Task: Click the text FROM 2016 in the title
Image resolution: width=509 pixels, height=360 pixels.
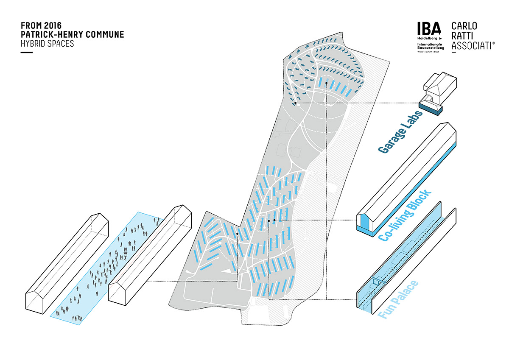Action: pos(41,26)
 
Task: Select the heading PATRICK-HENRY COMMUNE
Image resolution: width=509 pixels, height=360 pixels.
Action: pos(73,35)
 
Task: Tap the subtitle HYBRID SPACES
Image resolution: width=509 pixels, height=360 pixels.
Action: pos(47,44)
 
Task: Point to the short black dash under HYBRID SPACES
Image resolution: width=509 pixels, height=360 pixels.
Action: pos(26,53)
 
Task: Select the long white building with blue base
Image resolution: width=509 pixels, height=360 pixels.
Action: pos(407,178)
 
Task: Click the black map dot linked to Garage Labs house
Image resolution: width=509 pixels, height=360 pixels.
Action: pos(295,103)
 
